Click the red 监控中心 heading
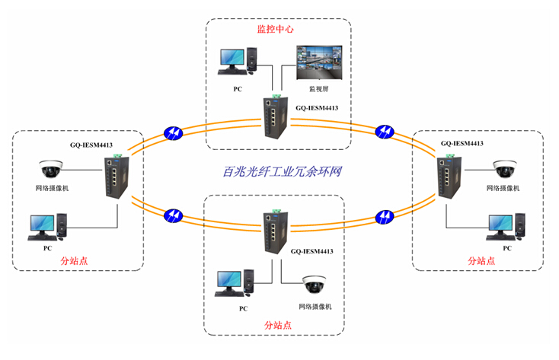[x=275, y=30]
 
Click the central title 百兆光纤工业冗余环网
[x=276, y=172]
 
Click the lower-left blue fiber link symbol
[x=174, y=215]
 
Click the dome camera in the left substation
[x=52, y=168]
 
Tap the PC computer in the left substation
[x=47, y=227]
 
